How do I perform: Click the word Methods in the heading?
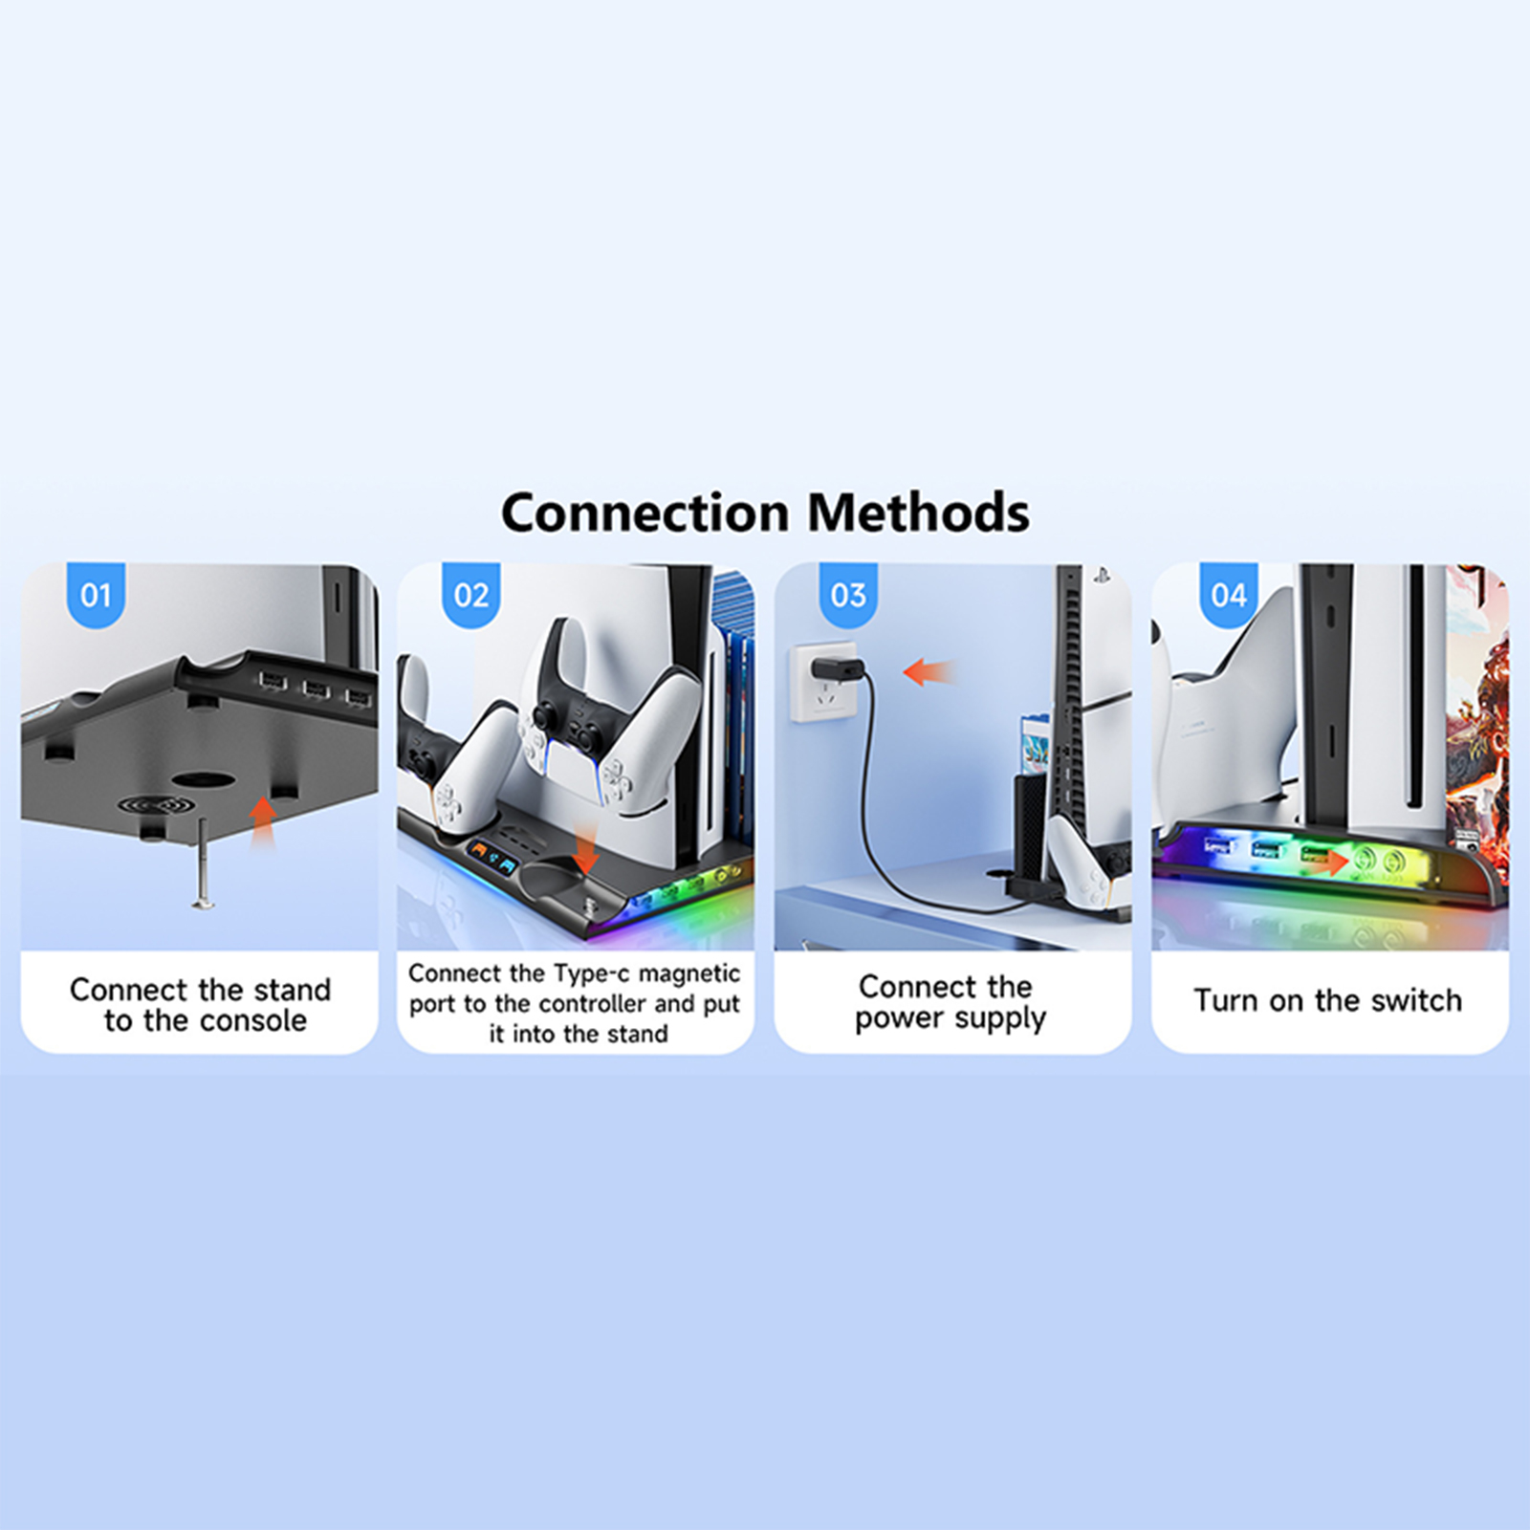919,513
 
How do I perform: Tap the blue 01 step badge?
96,595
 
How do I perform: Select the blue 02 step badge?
471,595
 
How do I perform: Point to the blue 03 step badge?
848,595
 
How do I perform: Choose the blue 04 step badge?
1229,595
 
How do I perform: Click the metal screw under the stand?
203,863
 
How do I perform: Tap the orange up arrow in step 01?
262,821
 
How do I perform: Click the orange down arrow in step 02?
584,845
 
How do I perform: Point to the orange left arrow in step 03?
928,672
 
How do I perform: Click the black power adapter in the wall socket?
838,670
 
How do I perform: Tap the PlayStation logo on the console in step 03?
1101,577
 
